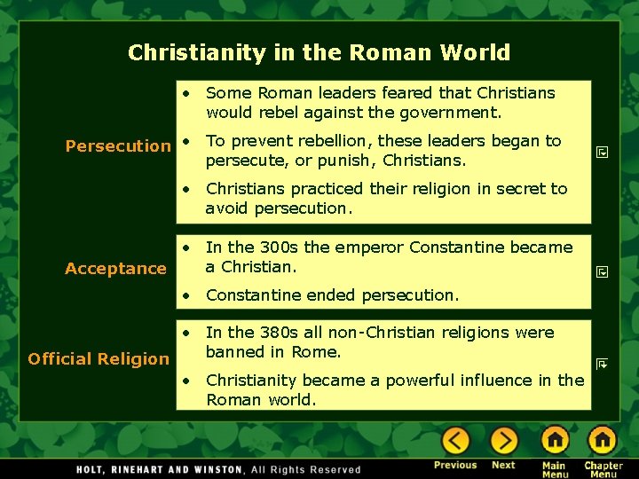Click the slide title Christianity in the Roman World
click(x=319, y=52)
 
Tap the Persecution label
click(x=118, y=145)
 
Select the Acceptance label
click(x=115, y=268)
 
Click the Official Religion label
click(x=99, y=358)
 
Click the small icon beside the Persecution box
click(x=602, y=153)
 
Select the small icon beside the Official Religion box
click(x=602, y=362)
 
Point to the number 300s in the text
click(x=281, y=247)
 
